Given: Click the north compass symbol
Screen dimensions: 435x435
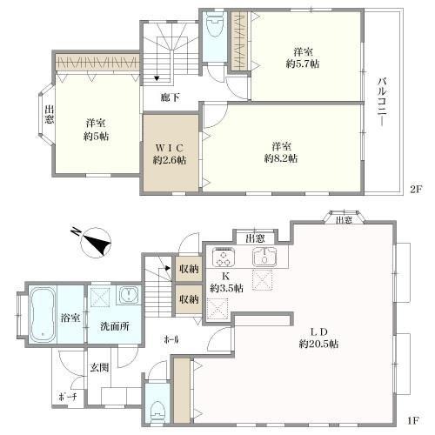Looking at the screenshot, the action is click(x=94, y=242).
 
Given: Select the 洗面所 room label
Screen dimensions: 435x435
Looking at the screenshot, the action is click(x=115, y=326).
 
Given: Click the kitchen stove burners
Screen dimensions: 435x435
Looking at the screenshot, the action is click(x=224, y=257).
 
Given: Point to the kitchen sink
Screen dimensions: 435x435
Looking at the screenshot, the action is click(x=264, y=257).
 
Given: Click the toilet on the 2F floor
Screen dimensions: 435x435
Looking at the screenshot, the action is click(x=215, y=26).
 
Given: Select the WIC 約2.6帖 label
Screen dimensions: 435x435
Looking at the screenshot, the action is click(x=170, y=154).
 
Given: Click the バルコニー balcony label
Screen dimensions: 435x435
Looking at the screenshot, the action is click(x=382, y=102).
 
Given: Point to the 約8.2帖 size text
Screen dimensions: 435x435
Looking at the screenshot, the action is click(x=281, y=158).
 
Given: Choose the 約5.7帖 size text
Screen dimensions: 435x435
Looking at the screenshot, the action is click(x=303, y=64).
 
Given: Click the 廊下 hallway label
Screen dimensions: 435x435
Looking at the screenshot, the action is click(x=171, y=97).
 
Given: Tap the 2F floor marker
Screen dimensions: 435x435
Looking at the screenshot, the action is click(x=415, y=189).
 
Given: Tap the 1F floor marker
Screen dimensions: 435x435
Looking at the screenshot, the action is click(x=414, y=420).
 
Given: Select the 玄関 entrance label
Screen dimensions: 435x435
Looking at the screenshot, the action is click(x=99, y=367).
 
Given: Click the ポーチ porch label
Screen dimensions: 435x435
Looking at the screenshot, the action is click(x=68, y=397).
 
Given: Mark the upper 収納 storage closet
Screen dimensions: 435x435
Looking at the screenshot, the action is click(x=189, y=269).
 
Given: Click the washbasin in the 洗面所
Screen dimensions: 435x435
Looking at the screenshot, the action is click(x=129, y=295).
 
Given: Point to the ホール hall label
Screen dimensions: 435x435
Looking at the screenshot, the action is click(x=171, y=339).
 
